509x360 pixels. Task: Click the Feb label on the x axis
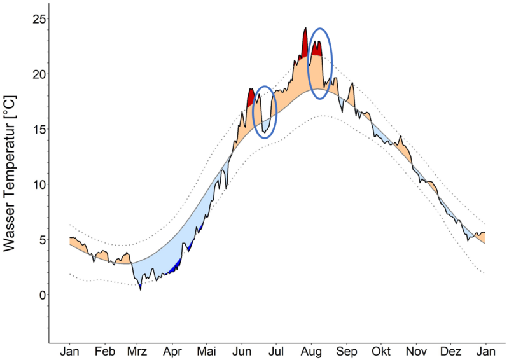click(104, 352)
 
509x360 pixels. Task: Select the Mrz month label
click(138, 352)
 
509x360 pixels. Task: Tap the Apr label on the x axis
click(173, 352)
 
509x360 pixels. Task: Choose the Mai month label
click(207, 352)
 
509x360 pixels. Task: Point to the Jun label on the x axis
click(242, 352)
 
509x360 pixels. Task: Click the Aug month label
click(311, 352)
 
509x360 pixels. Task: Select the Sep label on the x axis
click(346, 352)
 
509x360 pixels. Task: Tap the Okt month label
click(381, 352)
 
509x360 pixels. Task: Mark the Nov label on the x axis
click(416, 352)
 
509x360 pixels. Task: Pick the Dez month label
click(450, 352)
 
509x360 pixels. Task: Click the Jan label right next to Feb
click(69, 352)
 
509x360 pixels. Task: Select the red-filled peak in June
click(251, 95)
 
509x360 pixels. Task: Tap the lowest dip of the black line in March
click(141, 289)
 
